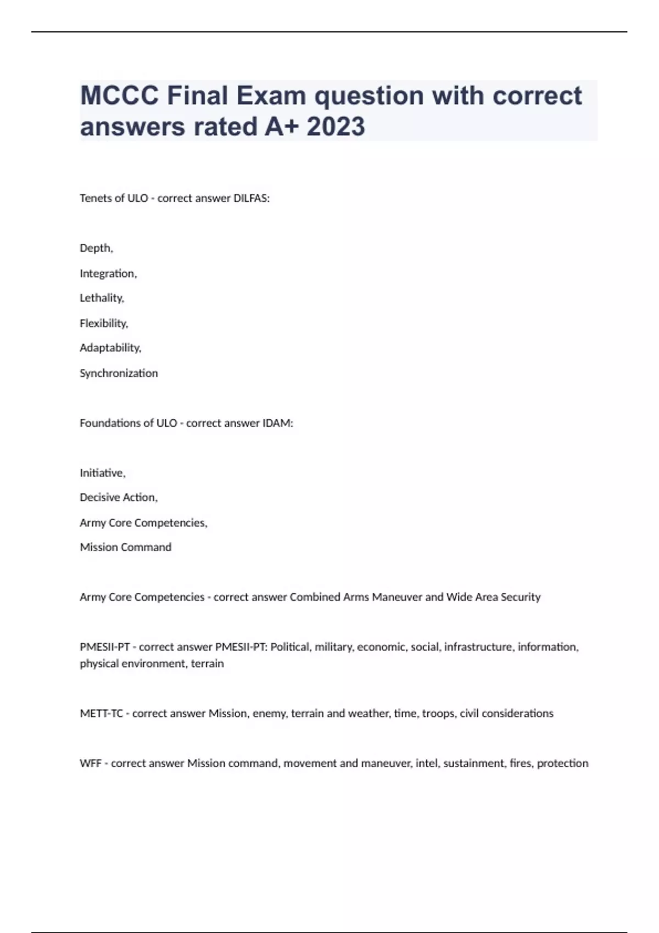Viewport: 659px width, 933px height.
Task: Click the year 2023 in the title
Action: click(x=336, y=126)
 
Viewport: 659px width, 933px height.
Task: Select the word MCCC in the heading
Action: click(x=120, y=95)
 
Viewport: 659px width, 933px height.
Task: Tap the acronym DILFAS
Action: click(x=251, y=198)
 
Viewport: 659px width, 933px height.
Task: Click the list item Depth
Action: click(x=96, y=248)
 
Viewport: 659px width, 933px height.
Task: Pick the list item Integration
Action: click(x=108, y=273)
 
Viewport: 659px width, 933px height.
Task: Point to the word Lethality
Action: click(x=102, y=298)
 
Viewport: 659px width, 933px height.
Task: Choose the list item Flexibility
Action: click(x=103, y=323)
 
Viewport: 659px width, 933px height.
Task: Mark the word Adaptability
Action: click(x=110, y=348)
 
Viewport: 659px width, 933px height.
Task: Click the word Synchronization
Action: click(x=119, y=373)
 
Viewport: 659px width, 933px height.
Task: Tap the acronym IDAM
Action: click(x=278, y=423)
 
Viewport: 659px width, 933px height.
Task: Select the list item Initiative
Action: click(x=102, y=473)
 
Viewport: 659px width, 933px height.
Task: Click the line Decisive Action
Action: click(x=118, y=497)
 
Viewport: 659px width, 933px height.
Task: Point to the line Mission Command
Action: click(x=125, y=547)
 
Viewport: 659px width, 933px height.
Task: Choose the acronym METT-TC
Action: click(x=101, y=713)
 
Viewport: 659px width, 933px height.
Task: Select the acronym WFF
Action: click(x=91, y=763)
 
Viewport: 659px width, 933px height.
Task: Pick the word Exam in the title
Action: click(x=271, y=95)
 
